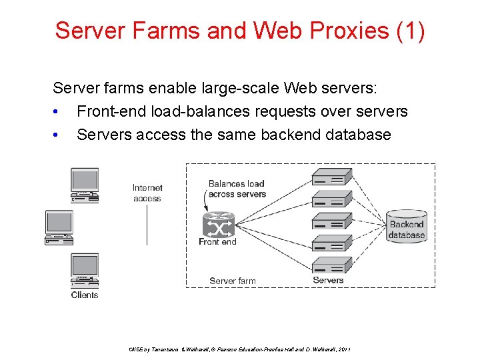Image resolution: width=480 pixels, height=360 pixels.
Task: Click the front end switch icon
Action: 218,226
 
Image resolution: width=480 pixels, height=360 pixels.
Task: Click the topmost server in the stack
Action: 332,177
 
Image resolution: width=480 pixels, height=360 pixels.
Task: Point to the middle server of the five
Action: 332,221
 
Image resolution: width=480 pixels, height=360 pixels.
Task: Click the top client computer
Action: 85,185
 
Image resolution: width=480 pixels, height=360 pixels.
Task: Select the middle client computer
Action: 59,227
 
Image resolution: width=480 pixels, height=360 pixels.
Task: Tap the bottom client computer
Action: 85,270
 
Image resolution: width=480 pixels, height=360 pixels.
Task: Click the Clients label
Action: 85,295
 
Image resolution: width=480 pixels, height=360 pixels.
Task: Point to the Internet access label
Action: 147,193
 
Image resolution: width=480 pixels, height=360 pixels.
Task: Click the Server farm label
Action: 232,281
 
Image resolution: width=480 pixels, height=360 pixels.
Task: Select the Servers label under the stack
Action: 328,280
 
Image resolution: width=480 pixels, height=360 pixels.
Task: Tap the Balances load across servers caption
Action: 237,189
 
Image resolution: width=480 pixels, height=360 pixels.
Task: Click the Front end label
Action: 217,242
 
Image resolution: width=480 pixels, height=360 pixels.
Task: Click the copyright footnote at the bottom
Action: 238,349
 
